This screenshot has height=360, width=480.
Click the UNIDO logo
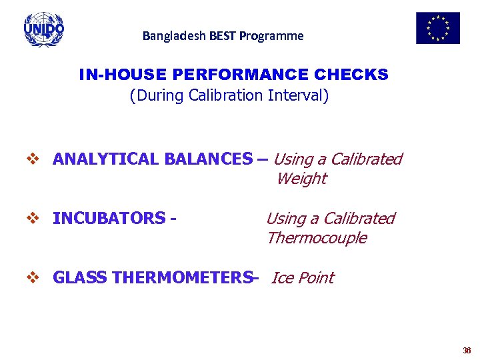coord(44,29)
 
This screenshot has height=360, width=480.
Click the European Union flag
coord(437,28)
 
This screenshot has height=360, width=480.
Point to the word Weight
coord(301,179)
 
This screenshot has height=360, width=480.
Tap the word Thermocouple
coord(317,238)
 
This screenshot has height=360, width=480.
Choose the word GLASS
coord(81,278)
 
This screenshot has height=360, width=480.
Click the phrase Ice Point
coord(303,278)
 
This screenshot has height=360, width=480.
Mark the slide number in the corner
coord(466,351)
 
